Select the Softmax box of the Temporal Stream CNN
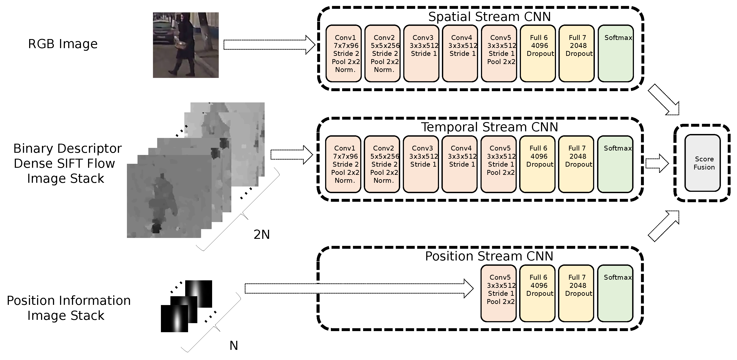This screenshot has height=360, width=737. click(615, 164)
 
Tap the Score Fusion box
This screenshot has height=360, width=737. click(702, 163)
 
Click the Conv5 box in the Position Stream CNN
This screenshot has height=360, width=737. click(498, 293)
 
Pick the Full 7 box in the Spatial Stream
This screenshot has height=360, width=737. click(576, 53)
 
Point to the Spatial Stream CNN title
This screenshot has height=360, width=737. click(489, 17)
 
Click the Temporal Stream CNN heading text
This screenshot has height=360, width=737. click(489, 127)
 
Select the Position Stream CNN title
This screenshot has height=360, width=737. click(489, 256)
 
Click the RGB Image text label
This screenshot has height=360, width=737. click(63, 44)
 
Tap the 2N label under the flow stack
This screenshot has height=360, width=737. click(262, 235)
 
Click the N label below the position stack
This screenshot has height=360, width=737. click(234, 346)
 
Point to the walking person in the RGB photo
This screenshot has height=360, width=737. click(185, 43)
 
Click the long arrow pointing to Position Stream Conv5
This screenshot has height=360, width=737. click(358, 288)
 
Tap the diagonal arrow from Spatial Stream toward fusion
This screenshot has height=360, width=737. click(663, 100)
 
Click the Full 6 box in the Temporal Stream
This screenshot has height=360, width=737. click(537, 164)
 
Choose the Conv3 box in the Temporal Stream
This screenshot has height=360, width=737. click(420, 164)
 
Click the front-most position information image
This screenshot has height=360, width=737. click(174, 319)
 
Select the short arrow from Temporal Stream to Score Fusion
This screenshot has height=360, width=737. click(657, 163)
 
